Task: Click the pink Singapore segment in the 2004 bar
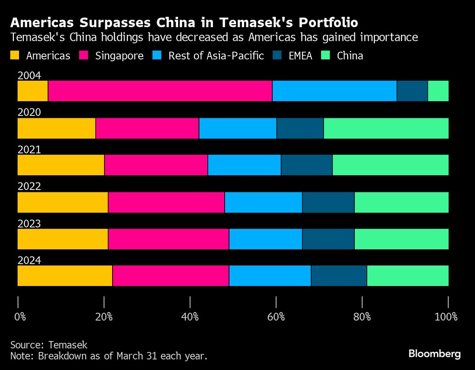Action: click(x=160, y=91)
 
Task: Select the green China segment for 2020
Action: click(x=386, y=128)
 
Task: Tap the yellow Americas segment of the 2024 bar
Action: click(x=65, y=276)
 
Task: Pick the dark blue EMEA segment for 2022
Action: click(x=328, y=202)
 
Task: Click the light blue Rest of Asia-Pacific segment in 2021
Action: click(x=244, y=165)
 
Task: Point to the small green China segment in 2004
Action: click(x=438, y=91)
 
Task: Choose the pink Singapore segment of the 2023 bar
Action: click(x=168, y=239)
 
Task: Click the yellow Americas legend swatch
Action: click(x=15, y=56)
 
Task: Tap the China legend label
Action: click(x=350, y=56)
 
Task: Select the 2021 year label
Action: click(x=29, y=150)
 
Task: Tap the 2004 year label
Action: click(x=29, y=76)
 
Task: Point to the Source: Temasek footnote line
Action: click(x=49, y=344)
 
